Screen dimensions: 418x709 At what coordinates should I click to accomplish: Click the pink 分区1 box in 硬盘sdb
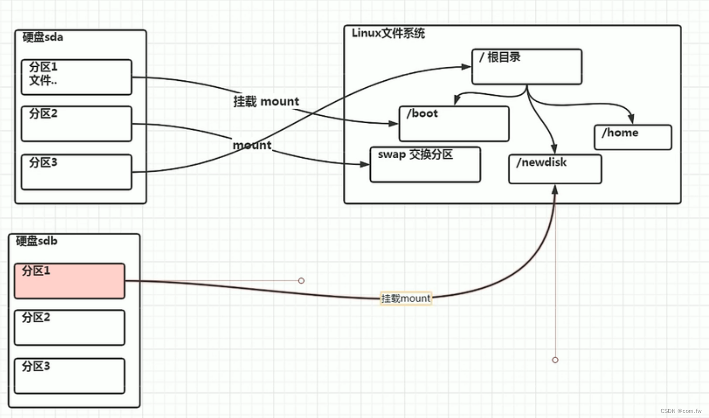tap(69, 281)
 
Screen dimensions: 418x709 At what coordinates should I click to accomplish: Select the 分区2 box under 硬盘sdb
tap(69, 328)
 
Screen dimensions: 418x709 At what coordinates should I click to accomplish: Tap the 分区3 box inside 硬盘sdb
tap(69, 376)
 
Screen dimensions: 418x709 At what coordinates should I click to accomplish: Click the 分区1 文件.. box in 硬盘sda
tap(76, 77)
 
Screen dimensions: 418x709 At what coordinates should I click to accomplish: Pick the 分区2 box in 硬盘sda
tap(76, 124)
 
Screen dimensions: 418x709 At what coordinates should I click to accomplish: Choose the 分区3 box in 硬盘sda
tap(76, 172)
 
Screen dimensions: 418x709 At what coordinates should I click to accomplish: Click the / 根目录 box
tap(527, 66)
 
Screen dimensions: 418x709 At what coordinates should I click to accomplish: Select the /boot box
tap(454, 124)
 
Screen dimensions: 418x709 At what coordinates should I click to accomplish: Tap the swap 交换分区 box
tap(425, 164)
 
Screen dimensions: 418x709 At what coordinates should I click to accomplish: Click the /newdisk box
tap(555, 169)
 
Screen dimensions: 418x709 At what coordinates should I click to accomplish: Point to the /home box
tap(633, 137)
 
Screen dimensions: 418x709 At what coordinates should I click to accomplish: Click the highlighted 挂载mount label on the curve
tap(406, 298)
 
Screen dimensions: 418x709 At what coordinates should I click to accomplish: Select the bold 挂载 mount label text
tap(266, 102)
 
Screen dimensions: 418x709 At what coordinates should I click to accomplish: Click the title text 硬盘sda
tap(43, 37)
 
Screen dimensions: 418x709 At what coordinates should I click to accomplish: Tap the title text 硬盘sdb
tap(37, 241)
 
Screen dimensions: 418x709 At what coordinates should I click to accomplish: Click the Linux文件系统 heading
tap(388, 33)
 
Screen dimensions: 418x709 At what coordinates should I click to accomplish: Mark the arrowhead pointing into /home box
tap(631, 120)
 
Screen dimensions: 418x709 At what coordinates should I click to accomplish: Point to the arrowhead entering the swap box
tap(365, 164)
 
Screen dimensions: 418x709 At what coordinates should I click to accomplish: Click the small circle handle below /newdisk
tap(555, 360)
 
